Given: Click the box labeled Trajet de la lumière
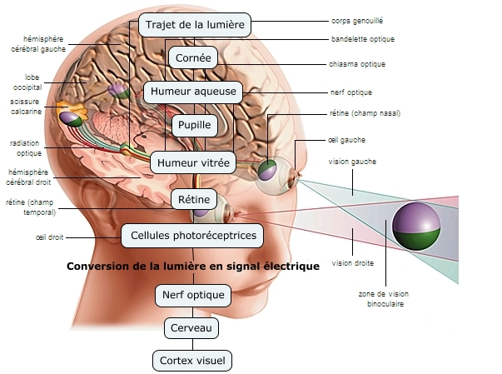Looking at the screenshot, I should tap(194, 24).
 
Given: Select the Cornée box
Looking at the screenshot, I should tap(194, 58).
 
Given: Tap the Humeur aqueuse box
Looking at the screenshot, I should tap(194, 91).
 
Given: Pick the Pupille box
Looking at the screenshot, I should tap(194, 126).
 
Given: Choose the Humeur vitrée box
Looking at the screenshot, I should tap(194, 162).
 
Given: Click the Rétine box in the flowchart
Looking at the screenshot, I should tap(194, 199).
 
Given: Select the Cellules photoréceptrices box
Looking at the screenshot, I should tap(194, 236).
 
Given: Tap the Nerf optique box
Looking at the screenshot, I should tap(194, 295).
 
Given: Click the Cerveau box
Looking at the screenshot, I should tap(194, 328).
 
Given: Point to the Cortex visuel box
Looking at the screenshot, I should tap(194, 361).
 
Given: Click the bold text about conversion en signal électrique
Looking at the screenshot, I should tap(192, 267).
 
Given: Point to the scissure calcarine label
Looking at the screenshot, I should tap(25, 106).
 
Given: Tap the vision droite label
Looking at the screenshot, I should tap(352, 263).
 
